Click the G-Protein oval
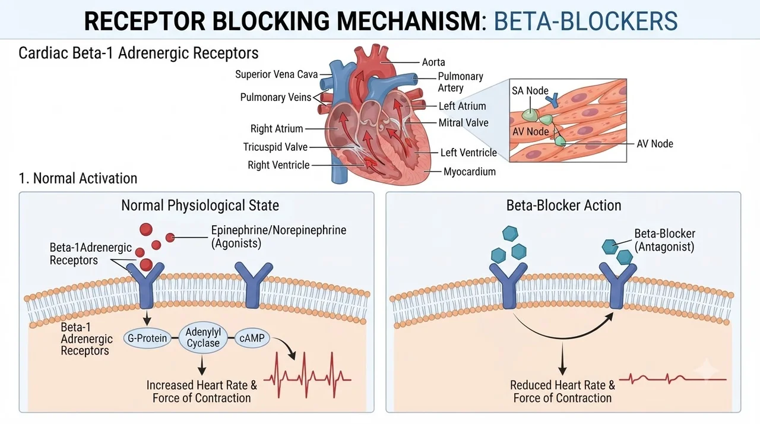tap(147, 338)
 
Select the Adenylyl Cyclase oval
tap(203, 337)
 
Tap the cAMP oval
tap(252, 338)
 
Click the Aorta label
tap(433, 62)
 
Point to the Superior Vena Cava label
tap(277, 74)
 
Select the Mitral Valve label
tap(464, 123)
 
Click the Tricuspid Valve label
tap(275, 147)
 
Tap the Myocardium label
tap(470, 172)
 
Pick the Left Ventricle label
tap(468, 153)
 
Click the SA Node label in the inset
tap(530, 91)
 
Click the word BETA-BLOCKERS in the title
tap(585, 21)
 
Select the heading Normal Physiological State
tap(200, 205)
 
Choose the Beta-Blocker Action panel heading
tap(563, 205)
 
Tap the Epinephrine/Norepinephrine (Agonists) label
tap(278, 236)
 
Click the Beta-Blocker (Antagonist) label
tap(664, 240)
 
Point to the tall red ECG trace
tap(307, 375)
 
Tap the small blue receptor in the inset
tap(553, 101)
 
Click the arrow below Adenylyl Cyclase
tap(202, 365)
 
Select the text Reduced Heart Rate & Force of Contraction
tap(562, 391)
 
